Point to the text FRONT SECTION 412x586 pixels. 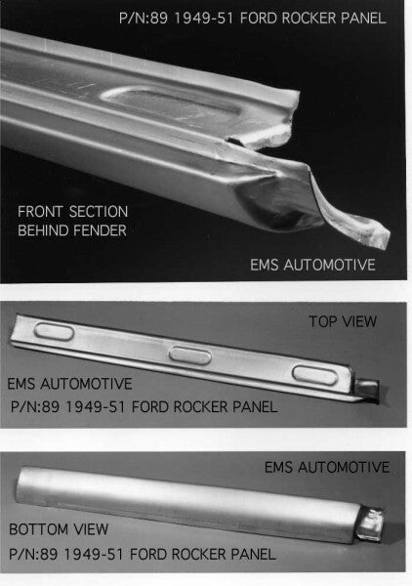tap(72, 211)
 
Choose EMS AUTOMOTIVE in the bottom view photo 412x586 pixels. tap(327, 468)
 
